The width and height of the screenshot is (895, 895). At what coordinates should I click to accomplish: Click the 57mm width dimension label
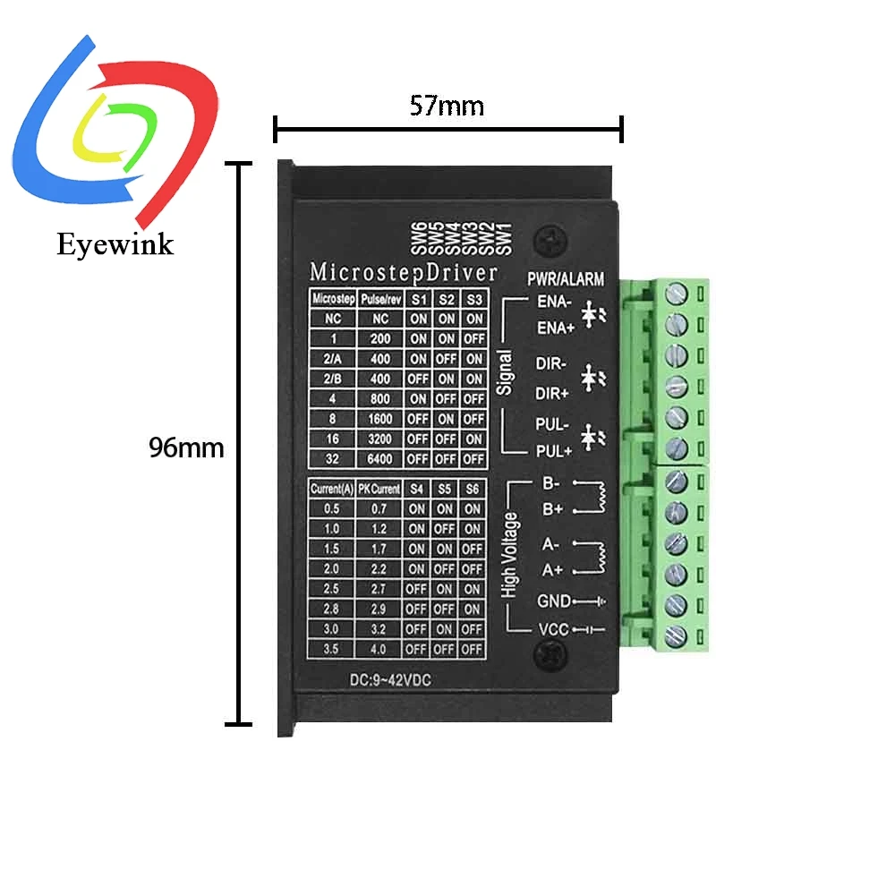pyautogui.click(x=447, y=107)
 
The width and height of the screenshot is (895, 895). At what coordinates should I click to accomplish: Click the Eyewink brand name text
pyautogui.click(x=115, y=243)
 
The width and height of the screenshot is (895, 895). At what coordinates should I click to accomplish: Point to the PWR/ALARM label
pyautogui.click(x=566, y=279)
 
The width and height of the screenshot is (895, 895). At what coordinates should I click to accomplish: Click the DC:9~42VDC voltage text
pyautogui.click(x=388, y=681)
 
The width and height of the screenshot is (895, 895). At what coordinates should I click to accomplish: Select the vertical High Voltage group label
pyautogui.click(x=509, y=555)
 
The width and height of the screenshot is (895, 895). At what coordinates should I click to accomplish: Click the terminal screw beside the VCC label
pyautogui.click(x=678, y=635)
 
